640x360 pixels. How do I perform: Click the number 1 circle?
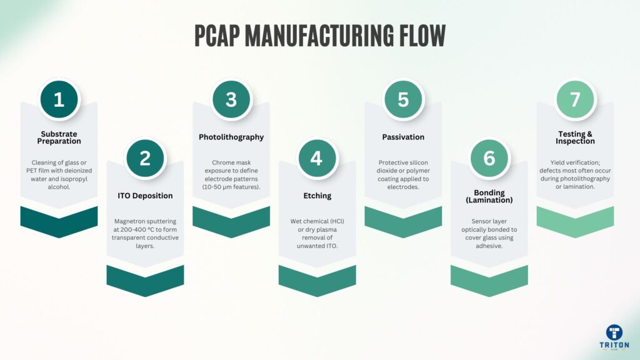coord(59,99)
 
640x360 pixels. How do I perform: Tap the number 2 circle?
coord(145,158)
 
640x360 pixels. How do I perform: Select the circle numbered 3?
coord(231,99)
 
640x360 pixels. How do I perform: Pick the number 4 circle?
coord(317,158)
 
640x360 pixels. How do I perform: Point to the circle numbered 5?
coord(403,99)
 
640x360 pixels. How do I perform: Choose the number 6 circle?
coord(489,158)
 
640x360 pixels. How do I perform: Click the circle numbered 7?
coord(575,99)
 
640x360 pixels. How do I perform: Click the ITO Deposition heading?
coord(145,196)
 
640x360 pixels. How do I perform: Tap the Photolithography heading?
coord(231,137)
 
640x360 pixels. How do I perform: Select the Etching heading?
coord(317,196)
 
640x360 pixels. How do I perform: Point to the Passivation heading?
coord(403,137)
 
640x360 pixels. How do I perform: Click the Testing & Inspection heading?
coord(575,137)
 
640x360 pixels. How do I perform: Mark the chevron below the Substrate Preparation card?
coord(59,221)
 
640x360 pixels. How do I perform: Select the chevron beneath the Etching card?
coord(317,279)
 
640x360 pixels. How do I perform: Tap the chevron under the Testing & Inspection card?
coord(575,221)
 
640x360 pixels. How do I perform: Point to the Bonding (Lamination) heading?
coord(489,196)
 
